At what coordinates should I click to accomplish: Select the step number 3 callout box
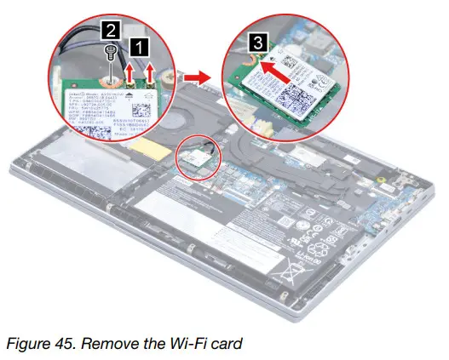coord(256,40)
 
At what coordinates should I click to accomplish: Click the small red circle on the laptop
coord(198,157)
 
